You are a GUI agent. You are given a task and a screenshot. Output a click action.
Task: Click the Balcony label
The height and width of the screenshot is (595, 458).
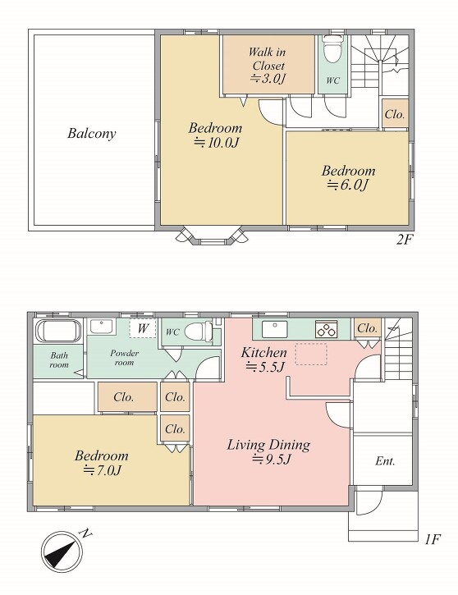tap(91, 134)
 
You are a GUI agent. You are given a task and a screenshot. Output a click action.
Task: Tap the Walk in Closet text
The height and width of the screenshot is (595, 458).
tap(268, 58)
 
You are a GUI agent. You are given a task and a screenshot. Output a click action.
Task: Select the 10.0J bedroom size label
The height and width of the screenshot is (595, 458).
tap(217, 142)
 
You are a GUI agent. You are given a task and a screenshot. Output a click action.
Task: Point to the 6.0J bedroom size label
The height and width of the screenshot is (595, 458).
tap(348, 185)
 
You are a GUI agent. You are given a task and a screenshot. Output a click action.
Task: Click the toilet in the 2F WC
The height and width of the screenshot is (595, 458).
tap(332, 48)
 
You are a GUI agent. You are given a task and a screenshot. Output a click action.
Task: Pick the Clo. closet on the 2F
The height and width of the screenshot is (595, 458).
tap(395, 114)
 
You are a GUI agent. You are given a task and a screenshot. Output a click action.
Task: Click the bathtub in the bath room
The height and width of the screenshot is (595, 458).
tap(58, 332)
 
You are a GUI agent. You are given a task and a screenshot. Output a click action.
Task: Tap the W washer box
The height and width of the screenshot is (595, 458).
tap(142, 328)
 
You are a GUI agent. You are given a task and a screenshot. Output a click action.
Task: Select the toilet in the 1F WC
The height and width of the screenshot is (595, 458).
tap(199, 332)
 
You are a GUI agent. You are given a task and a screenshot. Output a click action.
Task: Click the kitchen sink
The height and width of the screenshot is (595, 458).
tap(275, 329)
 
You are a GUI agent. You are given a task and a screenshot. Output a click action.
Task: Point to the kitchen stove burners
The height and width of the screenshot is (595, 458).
tap(326, 329)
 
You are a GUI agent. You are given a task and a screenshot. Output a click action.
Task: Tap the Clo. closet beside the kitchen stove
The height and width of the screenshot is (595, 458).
tap(367, 328)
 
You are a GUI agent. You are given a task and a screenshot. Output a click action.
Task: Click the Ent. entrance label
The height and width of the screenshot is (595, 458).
tap(385, 461)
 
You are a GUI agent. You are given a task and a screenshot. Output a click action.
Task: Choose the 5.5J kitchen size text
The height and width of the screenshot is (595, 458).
tap(265, 367)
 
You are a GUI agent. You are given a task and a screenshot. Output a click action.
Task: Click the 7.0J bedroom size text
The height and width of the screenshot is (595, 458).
tap(102, 470)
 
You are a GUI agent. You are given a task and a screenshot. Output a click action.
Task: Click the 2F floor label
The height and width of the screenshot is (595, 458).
tap(405, 240)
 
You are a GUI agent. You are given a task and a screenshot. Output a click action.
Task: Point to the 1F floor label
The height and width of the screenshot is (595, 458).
tap(433, 539)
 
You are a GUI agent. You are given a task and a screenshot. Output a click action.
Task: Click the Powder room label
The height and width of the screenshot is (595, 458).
tap(125, 358)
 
